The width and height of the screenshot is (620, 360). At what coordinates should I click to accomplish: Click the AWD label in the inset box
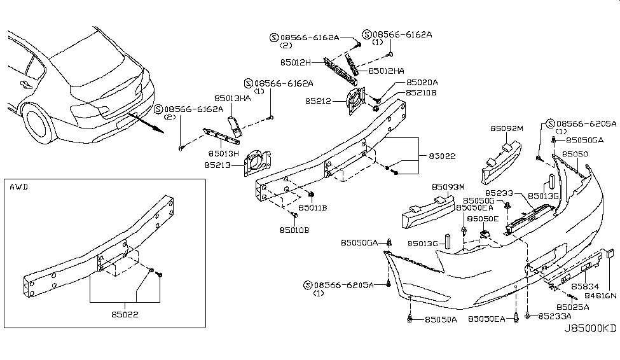pos(18,188)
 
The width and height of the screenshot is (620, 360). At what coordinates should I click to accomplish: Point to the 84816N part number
pos(598,296)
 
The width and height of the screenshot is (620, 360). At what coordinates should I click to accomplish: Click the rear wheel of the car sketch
pos(39,124)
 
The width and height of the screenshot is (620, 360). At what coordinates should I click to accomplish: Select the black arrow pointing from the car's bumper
pos(145,123)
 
